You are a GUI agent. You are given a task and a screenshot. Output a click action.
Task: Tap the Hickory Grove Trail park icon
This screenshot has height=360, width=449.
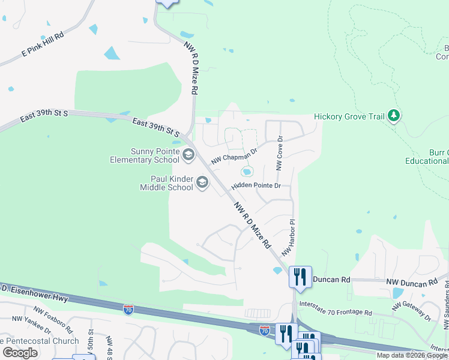click(394, 115)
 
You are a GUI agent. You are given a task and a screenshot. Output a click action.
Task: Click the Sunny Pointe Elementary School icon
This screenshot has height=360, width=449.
click(188, 156)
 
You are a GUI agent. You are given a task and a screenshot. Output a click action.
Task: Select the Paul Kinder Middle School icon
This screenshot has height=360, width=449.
click(202, 182)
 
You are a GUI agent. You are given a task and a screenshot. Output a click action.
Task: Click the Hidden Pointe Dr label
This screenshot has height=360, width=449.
click(256, 186)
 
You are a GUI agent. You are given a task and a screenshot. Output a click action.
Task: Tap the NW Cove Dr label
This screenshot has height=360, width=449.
click(279, 154)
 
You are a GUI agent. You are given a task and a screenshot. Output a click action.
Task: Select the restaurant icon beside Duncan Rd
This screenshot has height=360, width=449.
click(300, 277)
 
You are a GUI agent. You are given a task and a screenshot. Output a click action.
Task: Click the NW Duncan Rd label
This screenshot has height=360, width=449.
click(412, 282)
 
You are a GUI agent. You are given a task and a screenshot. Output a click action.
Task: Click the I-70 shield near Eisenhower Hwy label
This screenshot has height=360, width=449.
click(128, 310)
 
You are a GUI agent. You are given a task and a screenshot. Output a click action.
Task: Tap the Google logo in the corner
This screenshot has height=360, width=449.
click(20, 353)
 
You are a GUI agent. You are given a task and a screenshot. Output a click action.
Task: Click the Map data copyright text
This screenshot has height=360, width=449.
click(412, 355)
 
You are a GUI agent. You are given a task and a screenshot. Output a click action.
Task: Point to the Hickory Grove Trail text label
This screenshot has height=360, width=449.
click(349, 117)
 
